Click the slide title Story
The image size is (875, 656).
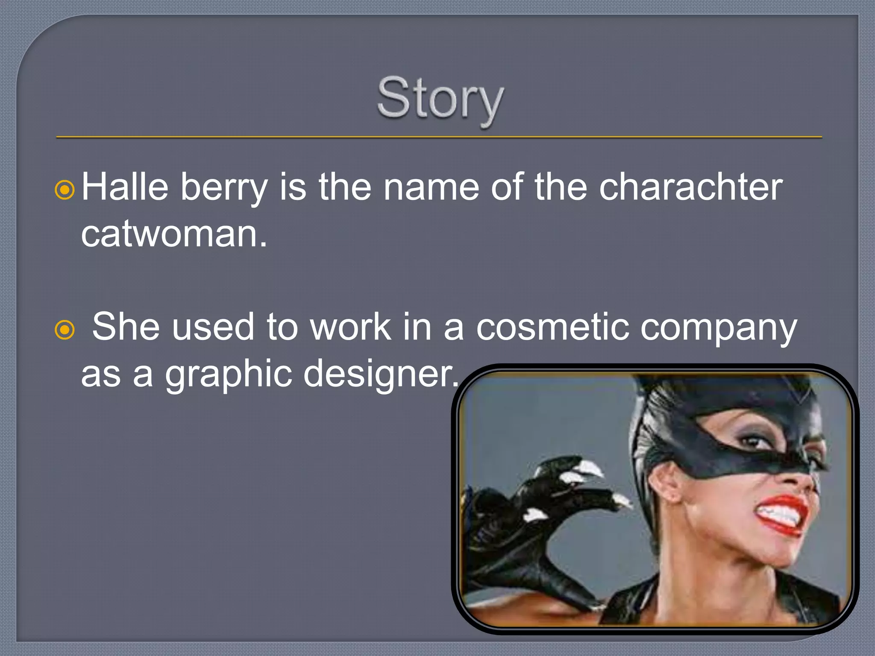click(x=440, y=99)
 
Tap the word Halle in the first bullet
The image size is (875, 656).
click(x=125, y=187)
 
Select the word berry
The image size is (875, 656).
click(x=224, y=188)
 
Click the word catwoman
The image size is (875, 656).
click(x=173, y=234)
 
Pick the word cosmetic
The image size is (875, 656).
click(x=552, y=327)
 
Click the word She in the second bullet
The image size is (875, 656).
click(x=126, y=327)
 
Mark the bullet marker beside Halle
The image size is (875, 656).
click(x=65, y=190)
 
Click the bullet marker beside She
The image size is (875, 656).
click(x=65, y=330)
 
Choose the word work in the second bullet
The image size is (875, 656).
click(x=350, y=327)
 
